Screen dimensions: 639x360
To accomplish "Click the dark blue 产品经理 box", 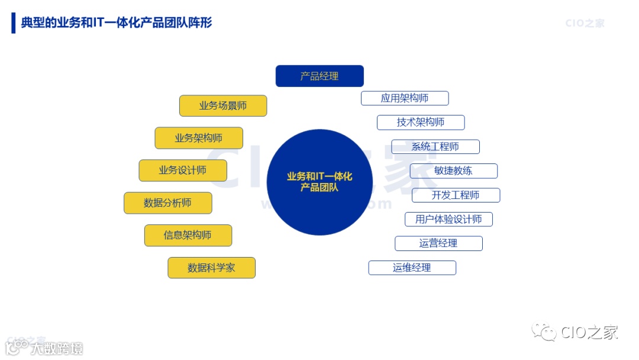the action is [x=319, y=76].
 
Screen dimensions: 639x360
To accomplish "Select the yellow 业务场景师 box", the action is [x=223, y=106].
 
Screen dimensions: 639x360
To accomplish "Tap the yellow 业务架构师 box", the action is [x=199, y=138].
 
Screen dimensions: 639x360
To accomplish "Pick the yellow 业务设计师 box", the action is [x=183, y=171].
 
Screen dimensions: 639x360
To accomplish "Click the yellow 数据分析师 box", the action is [x=167, y=203].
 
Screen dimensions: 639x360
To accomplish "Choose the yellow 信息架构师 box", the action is [x=188, y=236].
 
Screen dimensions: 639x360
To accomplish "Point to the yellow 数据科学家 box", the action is [x=211, y=268].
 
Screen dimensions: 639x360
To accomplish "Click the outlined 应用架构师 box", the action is [x=405, y=98].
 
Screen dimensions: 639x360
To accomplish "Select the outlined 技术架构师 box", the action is [x=421, y=123].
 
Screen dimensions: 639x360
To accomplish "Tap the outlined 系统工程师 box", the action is [x=435, y=147].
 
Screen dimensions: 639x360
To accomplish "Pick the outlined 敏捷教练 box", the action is [x=453, y=171].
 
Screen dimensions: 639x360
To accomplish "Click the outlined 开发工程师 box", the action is [x=456, y=195].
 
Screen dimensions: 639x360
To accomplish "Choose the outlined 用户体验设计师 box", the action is [x=448, y=220].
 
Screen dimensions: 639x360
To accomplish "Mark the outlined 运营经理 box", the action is [x=438, y=243].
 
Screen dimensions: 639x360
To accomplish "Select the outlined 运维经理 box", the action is [x=412, y=268].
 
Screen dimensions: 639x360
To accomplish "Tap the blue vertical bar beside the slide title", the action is [x=13, y=22].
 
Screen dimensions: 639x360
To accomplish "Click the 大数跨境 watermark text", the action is [x=57, y=348].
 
